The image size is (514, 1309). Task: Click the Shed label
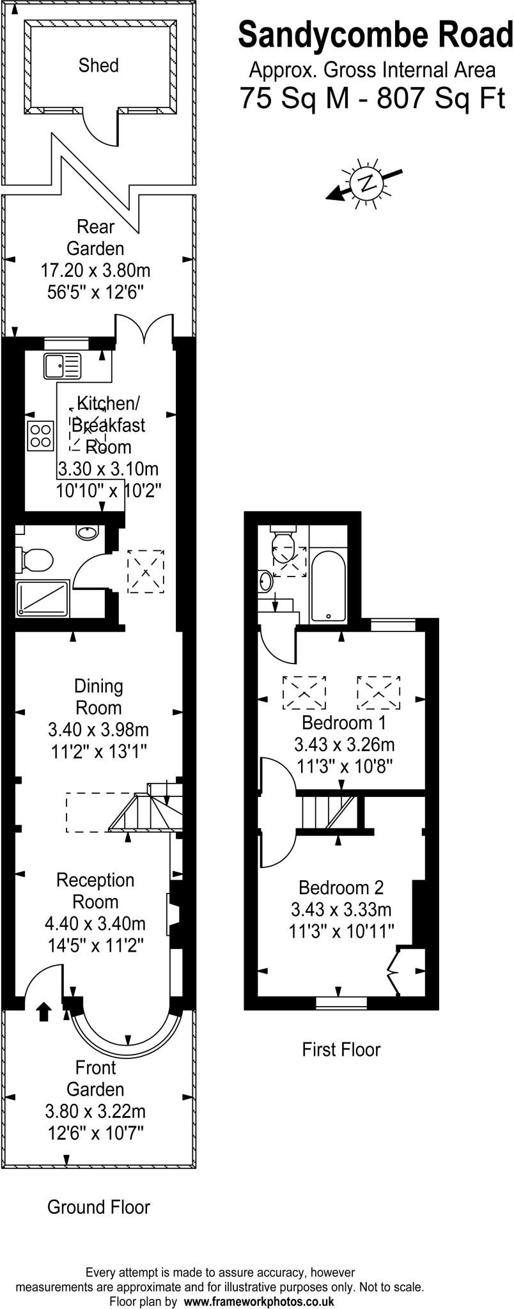pyautogui.click(x=98, y=65)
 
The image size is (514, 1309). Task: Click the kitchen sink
pyautogui.click(x=63, y=366)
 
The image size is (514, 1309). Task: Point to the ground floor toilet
pyautogui.click(x=35, y=559)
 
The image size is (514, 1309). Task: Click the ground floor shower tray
pyautogui.click(x=43, y=598)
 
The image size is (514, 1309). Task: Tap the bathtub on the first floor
pyautogui.click(x=328, y=585)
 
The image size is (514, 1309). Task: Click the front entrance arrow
pyautogui.click(x=43, y=1012)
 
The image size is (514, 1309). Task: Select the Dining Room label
pyautogui.click(x=98, y=697)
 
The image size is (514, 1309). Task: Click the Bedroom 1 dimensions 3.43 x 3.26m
pyautogui.click(x=344, y=745)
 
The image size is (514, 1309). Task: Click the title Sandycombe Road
pyautogui.click(x=375, y=35)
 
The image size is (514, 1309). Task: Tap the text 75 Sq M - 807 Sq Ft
pyautogui.click(x=372, y=99)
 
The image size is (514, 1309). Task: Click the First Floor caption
pyautogui.click(x=341, y=1050)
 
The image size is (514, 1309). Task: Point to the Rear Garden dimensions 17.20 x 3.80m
pyautogui.click(x=96, y=270)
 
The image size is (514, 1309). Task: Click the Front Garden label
pyautogui.click(x=96, y=1078)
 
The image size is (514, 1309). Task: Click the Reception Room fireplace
pyautogui.click(x=173, y=915)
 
